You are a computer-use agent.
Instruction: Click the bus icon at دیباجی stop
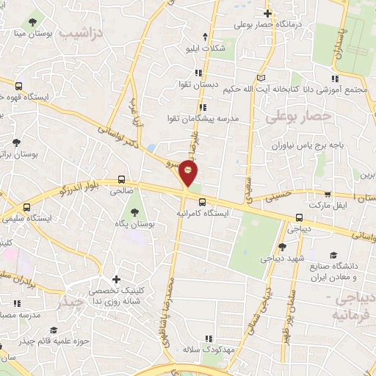click(x=298, y=217)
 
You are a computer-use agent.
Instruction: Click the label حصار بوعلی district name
click(x=299, y=115)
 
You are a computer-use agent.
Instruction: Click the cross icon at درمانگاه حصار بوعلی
click(x=269, y=13)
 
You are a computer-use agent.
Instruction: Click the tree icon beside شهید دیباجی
click(x=283, y=247)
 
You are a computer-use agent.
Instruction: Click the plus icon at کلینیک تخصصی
click(x=117, y=280)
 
